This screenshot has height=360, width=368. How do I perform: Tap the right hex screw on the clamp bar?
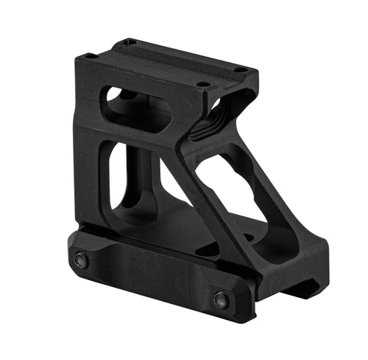click(x=221, y=299)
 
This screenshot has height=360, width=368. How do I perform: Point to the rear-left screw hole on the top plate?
click(x=130, y=41)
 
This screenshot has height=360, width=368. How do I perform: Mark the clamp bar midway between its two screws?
click(x=149, y=279)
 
